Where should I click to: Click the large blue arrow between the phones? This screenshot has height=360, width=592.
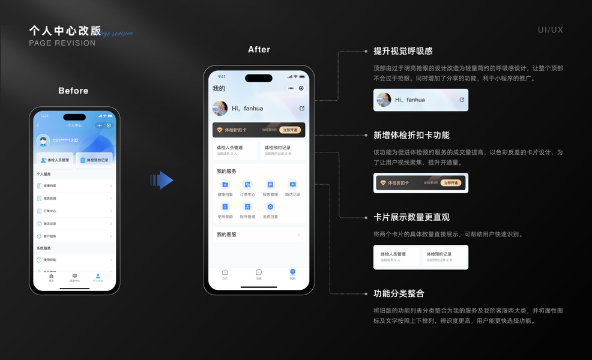point(162,180)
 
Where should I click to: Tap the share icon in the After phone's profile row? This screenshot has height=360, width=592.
point(302,109)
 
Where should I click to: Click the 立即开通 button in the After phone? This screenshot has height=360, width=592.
point(290,130)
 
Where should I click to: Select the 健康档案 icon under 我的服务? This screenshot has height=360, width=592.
point(225,185)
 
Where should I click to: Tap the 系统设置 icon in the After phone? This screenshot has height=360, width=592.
point(270,207)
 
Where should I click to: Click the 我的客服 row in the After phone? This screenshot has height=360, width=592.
point(259,235)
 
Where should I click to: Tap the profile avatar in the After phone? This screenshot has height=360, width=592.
point(220,109)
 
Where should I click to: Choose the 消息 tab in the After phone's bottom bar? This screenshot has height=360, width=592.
point(259,274)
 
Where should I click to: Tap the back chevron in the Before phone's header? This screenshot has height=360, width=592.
point(38,125)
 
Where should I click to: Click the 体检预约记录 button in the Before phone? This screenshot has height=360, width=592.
point(95,160)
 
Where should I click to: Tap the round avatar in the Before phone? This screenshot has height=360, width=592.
point(43,141)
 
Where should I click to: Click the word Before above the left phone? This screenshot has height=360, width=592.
point(73,91)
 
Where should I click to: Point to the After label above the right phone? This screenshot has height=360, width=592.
point(259,50)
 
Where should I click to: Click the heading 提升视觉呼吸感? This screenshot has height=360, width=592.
point(403,51)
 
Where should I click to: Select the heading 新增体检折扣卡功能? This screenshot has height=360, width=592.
point(411,135)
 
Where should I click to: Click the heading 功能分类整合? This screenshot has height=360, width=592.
point(399,293)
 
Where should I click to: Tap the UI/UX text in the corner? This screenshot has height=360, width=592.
point(551,30)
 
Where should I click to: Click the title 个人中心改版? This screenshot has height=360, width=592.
point(65,31)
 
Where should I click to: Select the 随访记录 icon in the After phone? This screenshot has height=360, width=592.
point(292,185)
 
